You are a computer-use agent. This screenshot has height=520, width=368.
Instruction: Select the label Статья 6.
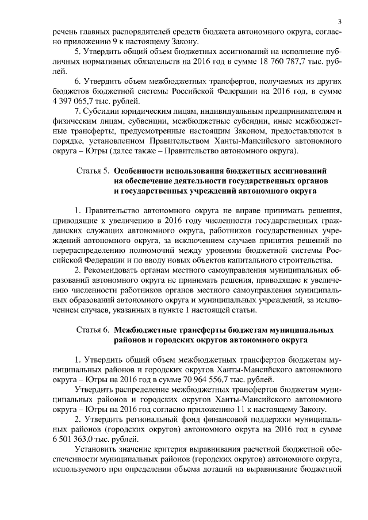point(93,331)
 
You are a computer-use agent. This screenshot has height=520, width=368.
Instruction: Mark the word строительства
point(306,260)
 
